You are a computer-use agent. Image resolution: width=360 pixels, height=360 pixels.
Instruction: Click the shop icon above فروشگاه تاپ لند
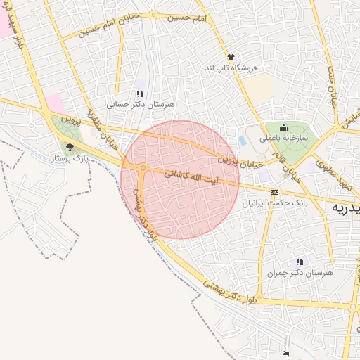click(230, 57)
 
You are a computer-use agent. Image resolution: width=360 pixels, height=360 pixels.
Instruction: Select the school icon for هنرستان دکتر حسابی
click(139, 94)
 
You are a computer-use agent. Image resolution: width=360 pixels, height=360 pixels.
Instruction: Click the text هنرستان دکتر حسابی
click(140, 104)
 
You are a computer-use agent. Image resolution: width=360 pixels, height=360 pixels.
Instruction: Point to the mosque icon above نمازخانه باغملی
click(283, 127)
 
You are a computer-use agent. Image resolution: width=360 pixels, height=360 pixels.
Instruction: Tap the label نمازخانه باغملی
click(284, 139)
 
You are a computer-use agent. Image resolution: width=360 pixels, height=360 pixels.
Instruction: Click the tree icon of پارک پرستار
click(69, 147)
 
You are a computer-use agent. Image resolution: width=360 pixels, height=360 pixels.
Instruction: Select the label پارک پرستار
click(68, 159)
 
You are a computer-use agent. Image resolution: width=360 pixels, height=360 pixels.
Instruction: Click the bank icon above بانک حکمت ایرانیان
click(274, 192)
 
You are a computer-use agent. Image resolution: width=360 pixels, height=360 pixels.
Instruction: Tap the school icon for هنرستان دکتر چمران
click(300, 262)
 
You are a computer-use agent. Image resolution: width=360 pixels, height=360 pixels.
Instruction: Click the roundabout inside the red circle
click(143, 168)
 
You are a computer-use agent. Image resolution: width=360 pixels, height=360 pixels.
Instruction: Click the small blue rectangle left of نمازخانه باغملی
click(243, 141)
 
